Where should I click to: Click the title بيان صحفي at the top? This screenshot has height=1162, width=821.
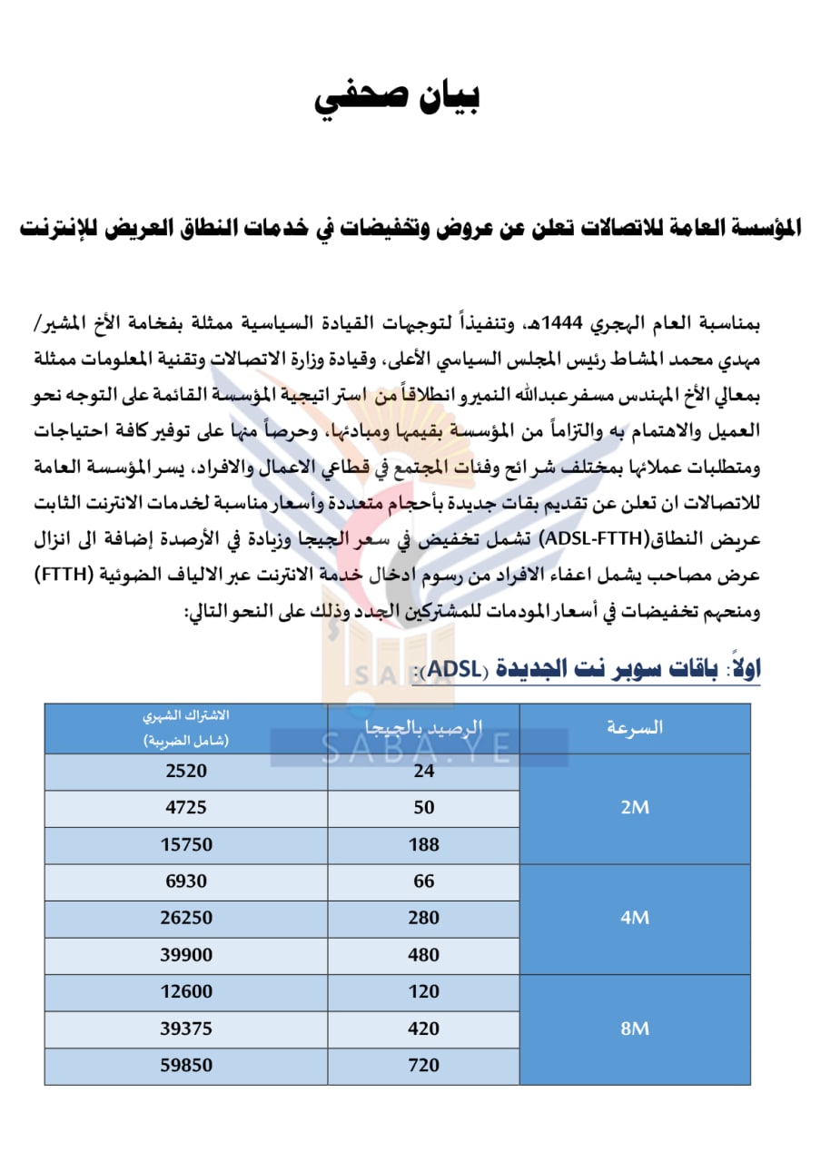pyautogui.click(x=397, y=98)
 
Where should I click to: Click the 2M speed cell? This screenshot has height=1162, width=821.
pyautogui.click(x=635, y=808)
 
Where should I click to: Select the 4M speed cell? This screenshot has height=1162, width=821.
pyautogui.click(x=635, y=918)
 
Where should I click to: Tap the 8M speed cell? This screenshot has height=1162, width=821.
pyautogui.click(x=635, y=1029)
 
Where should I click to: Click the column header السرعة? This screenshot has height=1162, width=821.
pyautogui.click(x=635, y=728)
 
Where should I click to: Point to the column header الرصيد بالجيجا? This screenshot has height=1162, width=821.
pyautogui.click(x=423, y=728)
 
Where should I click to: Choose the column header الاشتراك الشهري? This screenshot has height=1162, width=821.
pyautogui.click(x=186, y=728)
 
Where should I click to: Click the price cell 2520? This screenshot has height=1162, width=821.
pyautogui.click(x=186, y=771)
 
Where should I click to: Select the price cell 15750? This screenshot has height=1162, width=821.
pyautogui.click(x=186, y=845)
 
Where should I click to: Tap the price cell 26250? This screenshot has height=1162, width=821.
pyautogui.click(x=186, y=918)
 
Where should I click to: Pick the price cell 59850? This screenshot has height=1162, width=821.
pyautogui.click(x=186, y=1066)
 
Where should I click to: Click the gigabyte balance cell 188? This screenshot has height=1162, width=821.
pyautogui.click(x=423, y=845)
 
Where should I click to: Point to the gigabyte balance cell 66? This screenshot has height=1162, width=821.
pyautogui.click(x=423, y=881)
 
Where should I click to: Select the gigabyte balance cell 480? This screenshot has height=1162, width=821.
pyautogui.click(x=423, y=955)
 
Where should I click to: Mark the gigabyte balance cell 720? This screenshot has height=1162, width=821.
pyautogui.click(x=423, y=1066)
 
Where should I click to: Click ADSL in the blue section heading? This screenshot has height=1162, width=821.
pyautogui.click(x=454, y=670)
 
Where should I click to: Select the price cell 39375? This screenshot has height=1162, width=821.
pyautogui.click(x=186, y=1029)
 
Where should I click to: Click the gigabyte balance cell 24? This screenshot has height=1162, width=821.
pyautogui.click(x=423, y=771)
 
